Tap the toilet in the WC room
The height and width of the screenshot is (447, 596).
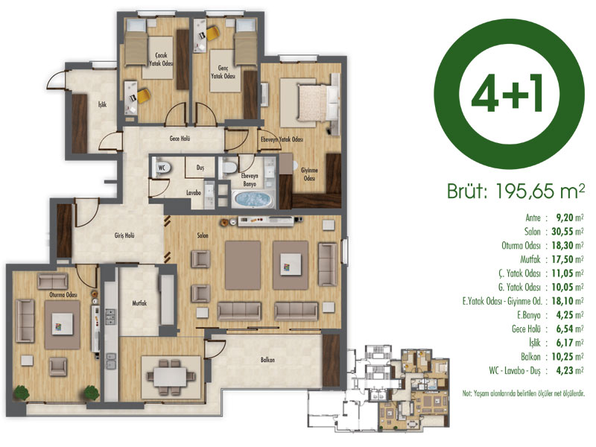click(x=162, y=168)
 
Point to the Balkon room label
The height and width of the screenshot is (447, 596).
click(x=267, y=360)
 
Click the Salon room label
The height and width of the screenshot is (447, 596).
click(x=203, y=235)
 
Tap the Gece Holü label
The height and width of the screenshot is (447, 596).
click(x=180, y=139)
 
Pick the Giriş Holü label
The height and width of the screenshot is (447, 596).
click(x=124, y=235)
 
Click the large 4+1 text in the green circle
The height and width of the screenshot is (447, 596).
click(x=508, y=92)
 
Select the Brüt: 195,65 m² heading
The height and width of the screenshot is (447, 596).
click(x=516, y=191)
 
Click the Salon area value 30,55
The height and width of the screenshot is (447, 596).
click(x=562, y=232)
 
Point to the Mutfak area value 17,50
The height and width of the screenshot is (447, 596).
click(x=562, y=259)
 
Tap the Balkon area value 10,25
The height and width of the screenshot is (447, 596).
click(x=562, y=357)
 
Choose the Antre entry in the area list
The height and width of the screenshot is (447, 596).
click(x=533, y=218)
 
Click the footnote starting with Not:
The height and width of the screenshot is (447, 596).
click(x=523, y=394)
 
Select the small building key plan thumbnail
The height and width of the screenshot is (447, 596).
click(x=378, y=388)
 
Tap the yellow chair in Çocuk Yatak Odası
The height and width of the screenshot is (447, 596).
click(x=144, y=95)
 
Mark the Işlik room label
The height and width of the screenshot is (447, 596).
click(x=102, y=104)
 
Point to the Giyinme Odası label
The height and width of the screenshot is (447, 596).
click(x=309, y=174)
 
